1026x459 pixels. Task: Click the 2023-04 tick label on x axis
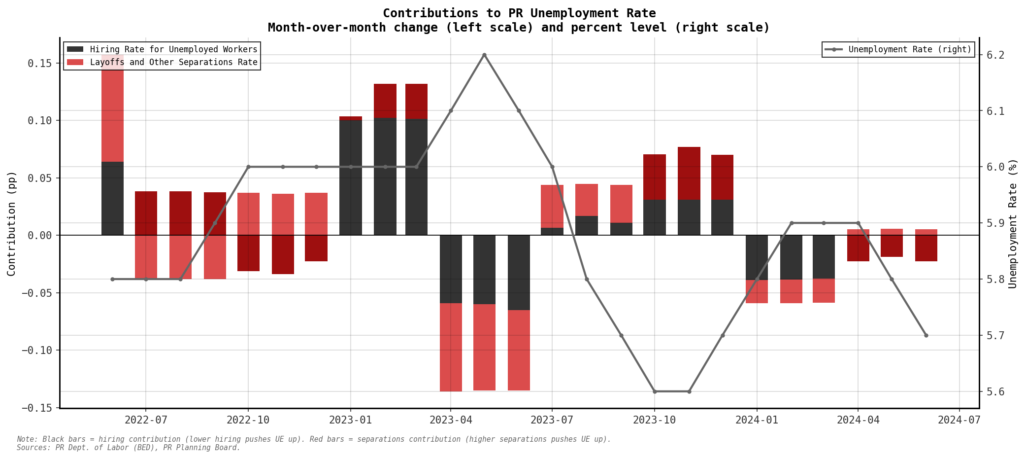[x=450, y=420]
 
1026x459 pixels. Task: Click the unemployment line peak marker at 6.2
[x=484, y=55]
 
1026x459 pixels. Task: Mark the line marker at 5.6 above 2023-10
[x=655, y=391]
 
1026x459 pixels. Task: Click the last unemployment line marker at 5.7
[x=926, y=335]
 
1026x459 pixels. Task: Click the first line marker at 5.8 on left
[x=112, y=279]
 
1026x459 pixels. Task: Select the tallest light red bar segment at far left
[x=112, y=108]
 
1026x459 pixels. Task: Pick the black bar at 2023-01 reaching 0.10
[x=351, y=177]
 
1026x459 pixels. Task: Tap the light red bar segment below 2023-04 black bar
[x=451, y=347]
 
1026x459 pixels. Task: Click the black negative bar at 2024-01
[x=757, y=257]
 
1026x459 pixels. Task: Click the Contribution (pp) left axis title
[x=11, y=223]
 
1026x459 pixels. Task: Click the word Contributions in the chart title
[x=422, y=13]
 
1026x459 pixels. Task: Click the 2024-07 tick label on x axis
[x=959, y=420]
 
